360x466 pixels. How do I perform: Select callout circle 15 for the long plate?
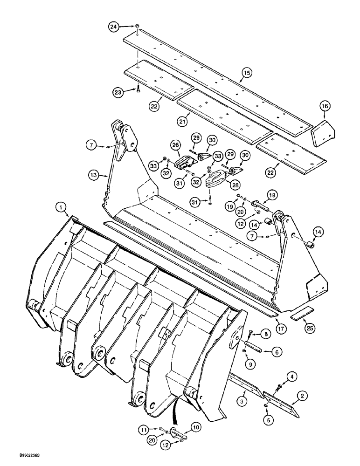(x=247, y=72)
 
